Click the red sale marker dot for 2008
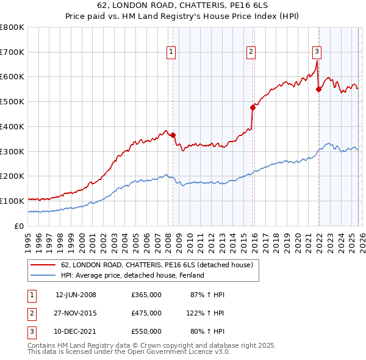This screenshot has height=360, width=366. [x=173, y=135]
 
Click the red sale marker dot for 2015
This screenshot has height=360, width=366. [x=253, y=107]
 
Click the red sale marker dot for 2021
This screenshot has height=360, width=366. [x=318, y=89]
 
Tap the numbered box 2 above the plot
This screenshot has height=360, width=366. [x=251, y=52]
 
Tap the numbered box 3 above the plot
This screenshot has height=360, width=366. [x=317, y=52]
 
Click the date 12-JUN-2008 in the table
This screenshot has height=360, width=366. [x=76, y=295]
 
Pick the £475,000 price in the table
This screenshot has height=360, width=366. [x=146, y=313]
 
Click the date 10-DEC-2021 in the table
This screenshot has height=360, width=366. [x=76, y=331]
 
